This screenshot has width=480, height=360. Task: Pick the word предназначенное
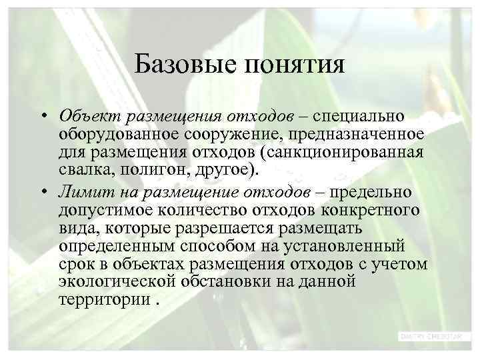point(355,135)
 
